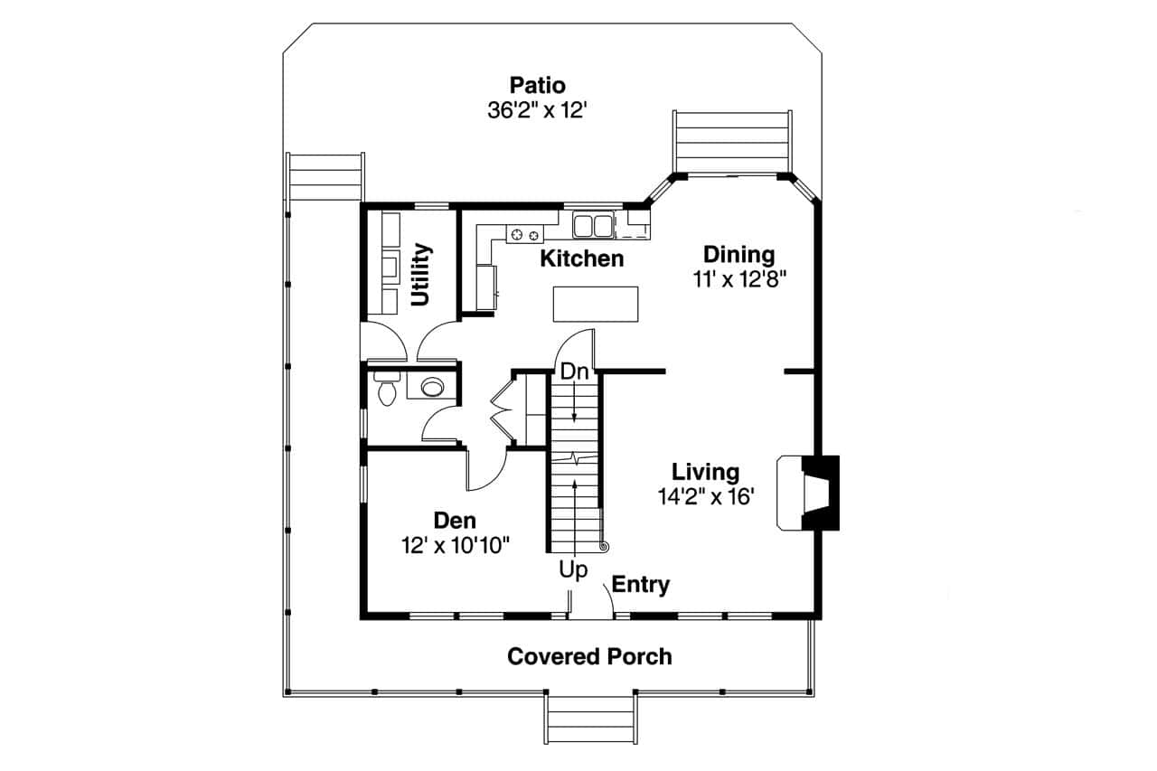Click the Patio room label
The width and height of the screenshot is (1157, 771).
coord(537,86)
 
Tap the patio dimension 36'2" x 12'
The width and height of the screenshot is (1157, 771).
coord(537,110)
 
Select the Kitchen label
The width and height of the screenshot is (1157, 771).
coord(581,259)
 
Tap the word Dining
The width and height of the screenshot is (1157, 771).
coord(738,255)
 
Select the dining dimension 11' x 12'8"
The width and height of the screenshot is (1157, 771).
coord(740,279)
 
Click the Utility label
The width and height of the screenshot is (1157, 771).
coord(420,275)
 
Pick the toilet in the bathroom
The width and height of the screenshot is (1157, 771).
coord(385,390)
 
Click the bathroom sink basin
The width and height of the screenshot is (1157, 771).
coord(433,388)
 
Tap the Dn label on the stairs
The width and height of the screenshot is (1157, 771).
coord(574,371)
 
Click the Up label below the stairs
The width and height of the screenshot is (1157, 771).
coord(573,570)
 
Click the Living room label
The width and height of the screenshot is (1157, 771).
coord(705,472)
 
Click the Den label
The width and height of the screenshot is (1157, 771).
coord(455,521)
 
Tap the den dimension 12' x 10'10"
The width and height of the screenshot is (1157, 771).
coord(456,545)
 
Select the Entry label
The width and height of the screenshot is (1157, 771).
coord(641,585)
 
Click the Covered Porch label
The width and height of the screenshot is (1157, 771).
coord(589,656)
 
